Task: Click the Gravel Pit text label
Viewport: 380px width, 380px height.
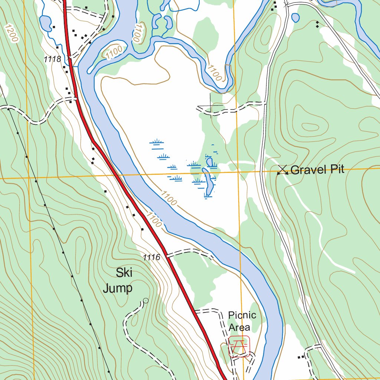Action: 317,170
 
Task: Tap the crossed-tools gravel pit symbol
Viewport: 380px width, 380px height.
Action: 283,170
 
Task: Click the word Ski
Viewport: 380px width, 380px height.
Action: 124,273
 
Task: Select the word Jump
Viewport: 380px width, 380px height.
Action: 118,288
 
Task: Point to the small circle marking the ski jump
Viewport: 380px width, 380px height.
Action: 145,301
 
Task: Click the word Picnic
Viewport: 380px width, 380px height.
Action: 242,315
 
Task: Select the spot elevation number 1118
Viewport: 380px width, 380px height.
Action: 52,59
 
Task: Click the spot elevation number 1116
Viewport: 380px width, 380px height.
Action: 151,257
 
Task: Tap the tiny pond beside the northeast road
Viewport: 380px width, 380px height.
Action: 295,17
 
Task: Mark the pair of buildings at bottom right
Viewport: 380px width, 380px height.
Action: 301,357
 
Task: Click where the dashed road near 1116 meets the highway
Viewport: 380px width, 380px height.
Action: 167,255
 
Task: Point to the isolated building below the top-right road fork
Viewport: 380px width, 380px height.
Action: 317,24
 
